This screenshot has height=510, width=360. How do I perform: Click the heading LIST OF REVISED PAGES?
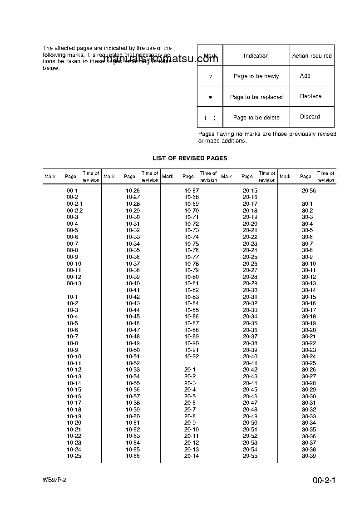(190, 158)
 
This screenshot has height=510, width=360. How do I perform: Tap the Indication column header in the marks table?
(256, 56)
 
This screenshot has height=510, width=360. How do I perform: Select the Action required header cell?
(312, 56)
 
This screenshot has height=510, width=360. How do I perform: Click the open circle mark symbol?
(210, 76)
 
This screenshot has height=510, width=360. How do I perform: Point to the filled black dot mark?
(210, 97)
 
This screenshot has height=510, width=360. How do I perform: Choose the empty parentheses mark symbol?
(210, 118)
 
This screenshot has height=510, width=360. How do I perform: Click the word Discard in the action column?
(310, 117)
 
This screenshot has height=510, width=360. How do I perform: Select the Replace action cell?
(311, 96)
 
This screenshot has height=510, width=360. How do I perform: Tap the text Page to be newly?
(256, 76)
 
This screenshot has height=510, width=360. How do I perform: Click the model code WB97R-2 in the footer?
(54, 480)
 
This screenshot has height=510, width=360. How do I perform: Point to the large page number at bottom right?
(324, 481)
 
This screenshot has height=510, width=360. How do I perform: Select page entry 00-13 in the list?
(74, 283)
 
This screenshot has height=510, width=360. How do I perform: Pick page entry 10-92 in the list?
(192, 357)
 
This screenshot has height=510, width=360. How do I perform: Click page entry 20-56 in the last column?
(309, 191)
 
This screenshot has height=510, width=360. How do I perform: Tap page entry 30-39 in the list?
(309, 456)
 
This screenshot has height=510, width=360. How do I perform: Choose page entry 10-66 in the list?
(133, 456)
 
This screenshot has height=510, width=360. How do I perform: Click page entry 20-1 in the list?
(190, 370)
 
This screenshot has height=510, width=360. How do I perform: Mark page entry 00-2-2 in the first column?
(74, 211)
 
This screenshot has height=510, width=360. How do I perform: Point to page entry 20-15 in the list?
(250, 191)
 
